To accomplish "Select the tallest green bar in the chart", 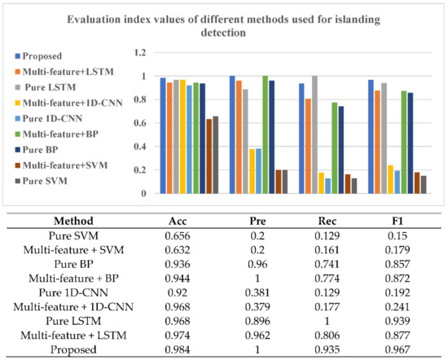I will pos(265,134).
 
